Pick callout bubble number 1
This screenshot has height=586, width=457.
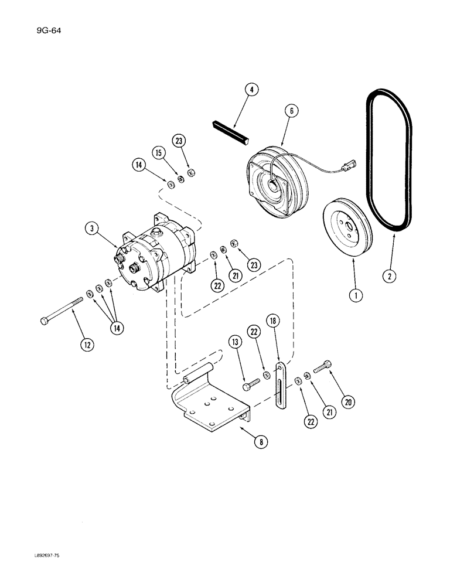[354, 297]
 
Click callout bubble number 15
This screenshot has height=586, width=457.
[158, 152]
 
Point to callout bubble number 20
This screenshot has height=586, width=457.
[349, 402]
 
